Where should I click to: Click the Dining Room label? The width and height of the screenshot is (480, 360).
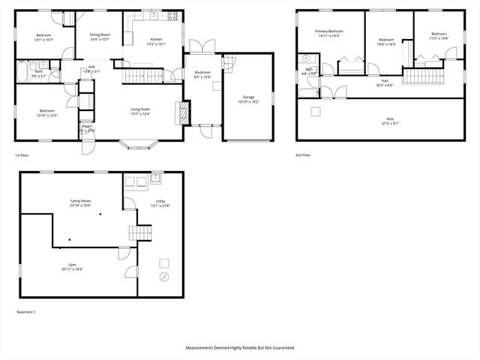(x=100, y=34)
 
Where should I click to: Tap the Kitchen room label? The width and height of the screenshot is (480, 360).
(x=156, y=39)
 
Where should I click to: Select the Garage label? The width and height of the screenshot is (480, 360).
(x=248, y=97)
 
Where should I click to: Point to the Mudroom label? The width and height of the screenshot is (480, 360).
(x=202, y=72)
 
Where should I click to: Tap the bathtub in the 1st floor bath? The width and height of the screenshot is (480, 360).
(x=23, y=73)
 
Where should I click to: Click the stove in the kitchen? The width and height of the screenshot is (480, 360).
(x=172, y=16)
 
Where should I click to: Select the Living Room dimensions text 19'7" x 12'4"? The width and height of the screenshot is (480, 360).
(x=140, y=114)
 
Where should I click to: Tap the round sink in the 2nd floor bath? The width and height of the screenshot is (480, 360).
(x=307, y=58)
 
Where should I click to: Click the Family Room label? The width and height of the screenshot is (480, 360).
(x=80, y=202)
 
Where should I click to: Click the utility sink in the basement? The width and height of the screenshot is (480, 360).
(x=156, y=178)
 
